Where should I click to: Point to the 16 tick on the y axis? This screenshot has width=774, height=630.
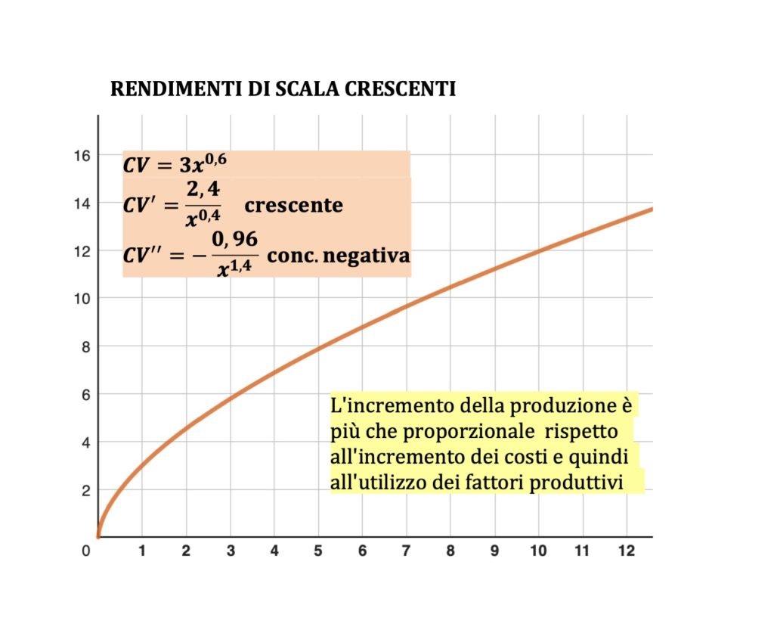(81, 155)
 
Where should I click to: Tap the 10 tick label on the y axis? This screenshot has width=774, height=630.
(81, 298)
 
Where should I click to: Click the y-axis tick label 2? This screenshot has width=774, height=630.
(85, 490)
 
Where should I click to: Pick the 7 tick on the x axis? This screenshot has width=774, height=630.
(406, 551)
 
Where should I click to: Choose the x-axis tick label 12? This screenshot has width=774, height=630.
(626, 551)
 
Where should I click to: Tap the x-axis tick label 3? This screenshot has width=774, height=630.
(230, 551)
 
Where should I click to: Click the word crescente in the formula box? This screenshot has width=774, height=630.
(293, 205)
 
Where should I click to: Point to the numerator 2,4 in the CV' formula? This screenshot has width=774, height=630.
(203, 192)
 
